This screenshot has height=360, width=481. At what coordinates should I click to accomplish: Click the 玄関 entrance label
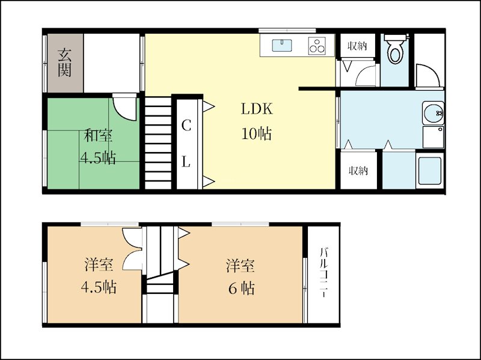pos(65,63)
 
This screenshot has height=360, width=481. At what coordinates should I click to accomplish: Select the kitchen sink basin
pos(282,46)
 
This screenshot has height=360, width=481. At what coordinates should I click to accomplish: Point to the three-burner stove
pos(317,46)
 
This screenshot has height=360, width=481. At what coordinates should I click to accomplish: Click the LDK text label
pos(257,109)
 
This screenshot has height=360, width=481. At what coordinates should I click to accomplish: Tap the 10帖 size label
pos(257,133)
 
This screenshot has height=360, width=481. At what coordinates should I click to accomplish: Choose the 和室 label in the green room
pos(98,135)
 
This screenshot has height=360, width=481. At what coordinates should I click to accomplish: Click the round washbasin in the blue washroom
pos(433,113)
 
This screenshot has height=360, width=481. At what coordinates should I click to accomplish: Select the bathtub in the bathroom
pos(430,171)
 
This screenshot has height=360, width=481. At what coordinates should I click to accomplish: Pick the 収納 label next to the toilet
pos(357,46)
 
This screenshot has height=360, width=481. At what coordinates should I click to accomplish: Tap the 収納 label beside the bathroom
pos(358,171)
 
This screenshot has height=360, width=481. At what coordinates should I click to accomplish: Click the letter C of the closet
pos(186,125)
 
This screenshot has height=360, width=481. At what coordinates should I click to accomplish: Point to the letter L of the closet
pos(186,161)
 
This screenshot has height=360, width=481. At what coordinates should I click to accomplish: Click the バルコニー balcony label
pos(323,273)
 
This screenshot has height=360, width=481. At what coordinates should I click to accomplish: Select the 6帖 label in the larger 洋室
pos(242,288)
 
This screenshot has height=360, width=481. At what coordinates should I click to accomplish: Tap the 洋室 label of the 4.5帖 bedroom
pos(99,264)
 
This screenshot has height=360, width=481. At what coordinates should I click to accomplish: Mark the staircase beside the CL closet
pos(158,143)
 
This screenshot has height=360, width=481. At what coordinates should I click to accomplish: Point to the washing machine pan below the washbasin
pos(433,137)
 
